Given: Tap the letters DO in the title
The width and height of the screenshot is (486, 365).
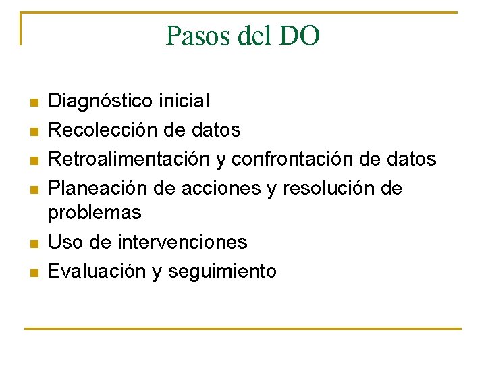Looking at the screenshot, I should point(299,35).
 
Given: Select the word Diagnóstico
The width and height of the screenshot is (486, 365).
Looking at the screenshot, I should point(101,101).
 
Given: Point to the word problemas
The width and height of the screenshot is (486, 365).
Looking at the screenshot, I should point(94,212).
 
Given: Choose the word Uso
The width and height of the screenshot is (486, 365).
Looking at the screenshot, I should point(63,241).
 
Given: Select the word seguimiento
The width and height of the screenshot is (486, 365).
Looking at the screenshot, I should point(222,272).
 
